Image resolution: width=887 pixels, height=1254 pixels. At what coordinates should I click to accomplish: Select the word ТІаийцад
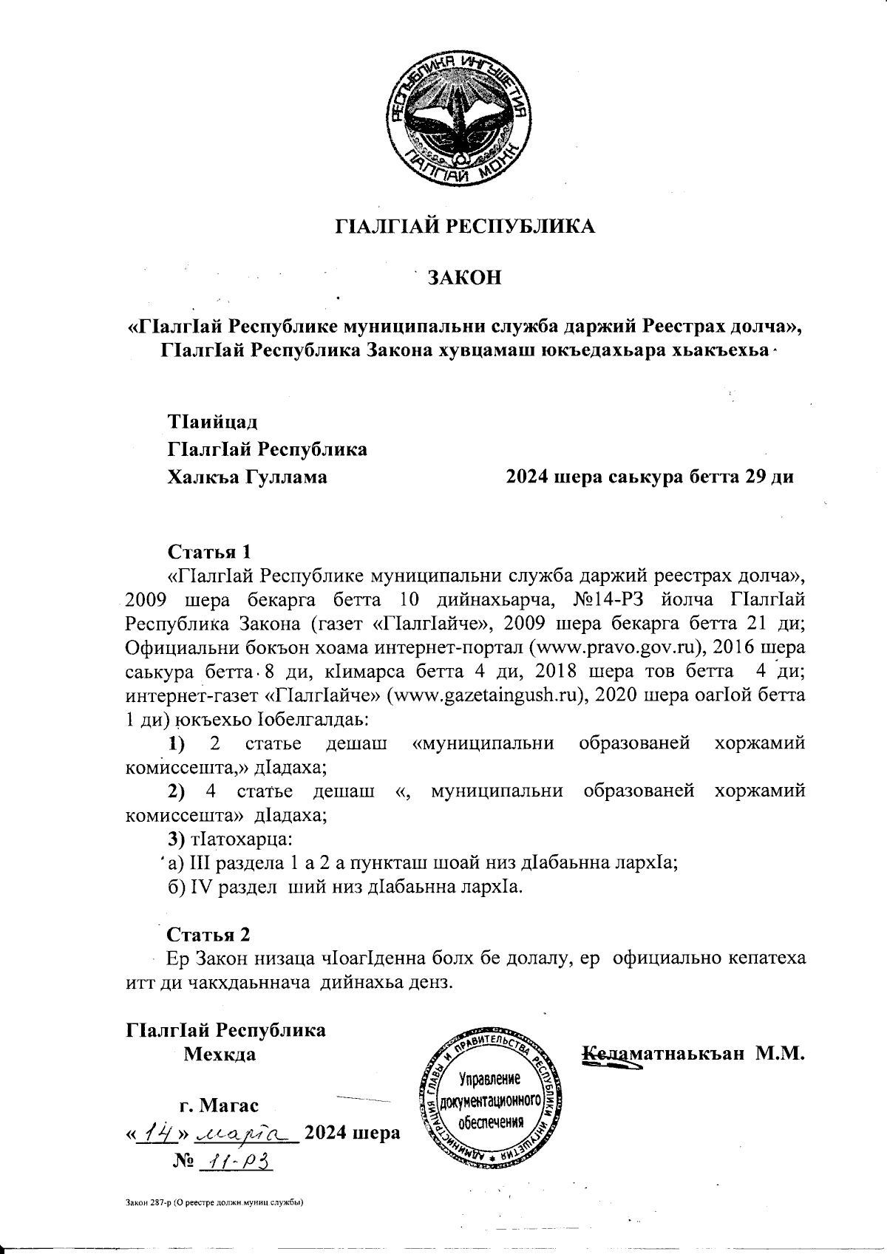[x=214, y=423]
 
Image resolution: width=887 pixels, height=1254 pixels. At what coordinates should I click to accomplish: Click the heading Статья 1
[x=210, y=552]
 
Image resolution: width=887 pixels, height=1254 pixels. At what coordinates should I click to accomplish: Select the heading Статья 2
[x=210, y=934]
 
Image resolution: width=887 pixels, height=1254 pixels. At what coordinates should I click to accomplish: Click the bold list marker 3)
[x=178, y=839]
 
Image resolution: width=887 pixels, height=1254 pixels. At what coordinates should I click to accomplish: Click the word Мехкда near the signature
[x=220, y=1054]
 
